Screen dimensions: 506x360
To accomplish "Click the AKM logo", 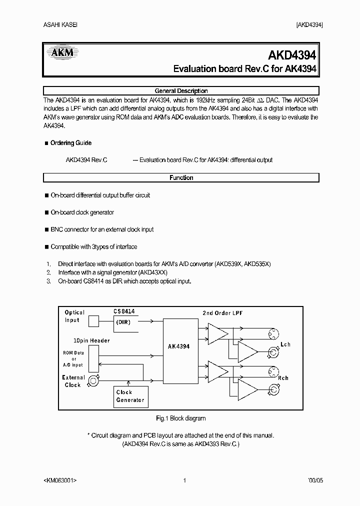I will pos(60,52).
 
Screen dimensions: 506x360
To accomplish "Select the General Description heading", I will pos(181,91).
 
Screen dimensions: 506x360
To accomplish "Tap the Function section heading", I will pos(181,177).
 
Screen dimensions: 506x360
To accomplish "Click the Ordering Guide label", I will pos(70,143).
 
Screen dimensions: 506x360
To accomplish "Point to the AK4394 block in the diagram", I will pos(178,346).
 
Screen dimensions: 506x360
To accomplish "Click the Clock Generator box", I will pos(130,396).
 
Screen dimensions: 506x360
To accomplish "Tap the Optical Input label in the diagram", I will pos(74,316).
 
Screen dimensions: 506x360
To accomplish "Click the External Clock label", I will pos(73,381).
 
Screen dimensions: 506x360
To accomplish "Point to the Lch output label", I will pos(285,344).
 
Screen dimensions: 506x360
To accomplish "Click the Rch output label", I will pos(283,378).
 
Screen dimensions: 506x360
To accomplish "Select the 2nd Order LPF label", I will pos(223,313).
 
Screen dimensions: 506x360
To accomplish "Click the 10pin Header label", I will pos(91,340).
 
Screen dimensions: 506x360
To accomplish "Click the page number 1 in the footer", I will pos(184,481).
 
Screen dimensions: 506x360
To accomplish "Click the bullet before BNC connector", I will pos(46,229).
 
